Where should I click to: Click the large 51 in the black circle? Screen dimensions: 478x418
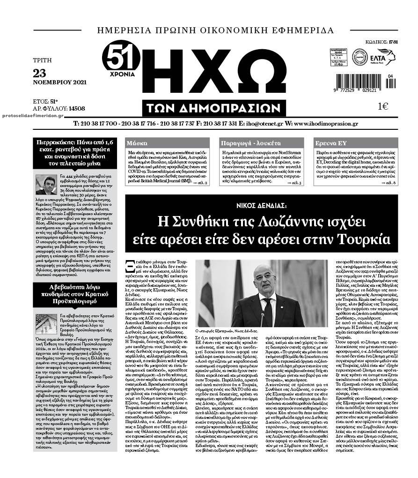pos(121,58)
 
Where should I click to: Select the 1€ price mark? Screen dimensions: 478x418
pos(383,107)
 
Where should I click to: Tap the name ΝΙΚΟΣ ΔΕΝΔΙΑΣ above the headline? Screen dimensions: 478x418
pos(261,205)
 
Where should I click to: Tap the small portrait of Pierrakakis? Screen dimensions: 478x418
pos(46,185)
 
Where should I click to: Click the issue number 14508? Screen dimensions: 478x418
pos(76,108)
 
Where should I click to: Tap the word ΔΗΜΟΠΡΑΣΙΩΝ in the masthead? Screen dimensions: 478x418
pos(213,108)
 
